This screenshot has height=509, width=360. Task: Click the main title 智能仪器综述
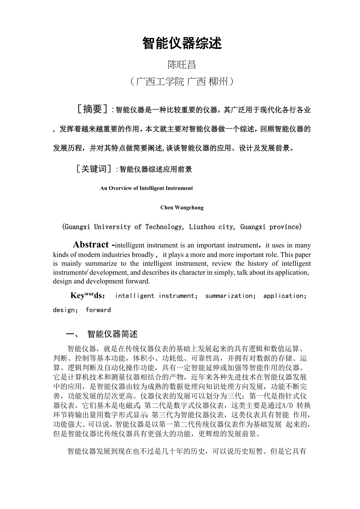click(182, 43)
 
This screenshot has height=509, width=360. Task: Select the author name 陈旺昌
click(182, 65)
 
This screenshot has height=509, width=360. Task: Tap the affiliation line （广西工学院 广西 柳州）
click(182, 82)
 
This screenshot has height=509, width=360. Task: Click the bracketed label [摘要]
click(93, 109)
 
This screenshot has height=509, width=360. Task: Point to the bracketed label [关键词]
click(93, 169)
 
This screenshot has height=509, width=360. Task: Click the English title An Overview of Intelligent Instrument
click(146, 188)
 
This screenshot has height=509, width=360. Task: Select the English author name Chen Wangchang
click(182, 208)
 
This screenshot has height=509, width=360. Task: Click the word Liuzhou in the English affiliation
click(205, 227)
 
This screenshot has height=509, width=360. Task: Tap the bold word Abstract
click(91, 245)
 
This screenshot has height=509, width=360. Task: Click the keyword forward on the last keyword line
click(98, 310)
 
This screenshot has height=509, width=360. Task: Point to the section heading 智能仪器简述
click(113, 334)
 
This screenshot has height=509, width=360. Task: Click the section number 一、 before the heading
click(73, 334)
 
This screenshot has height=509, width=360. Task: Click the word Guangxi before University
click(77, 227)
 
